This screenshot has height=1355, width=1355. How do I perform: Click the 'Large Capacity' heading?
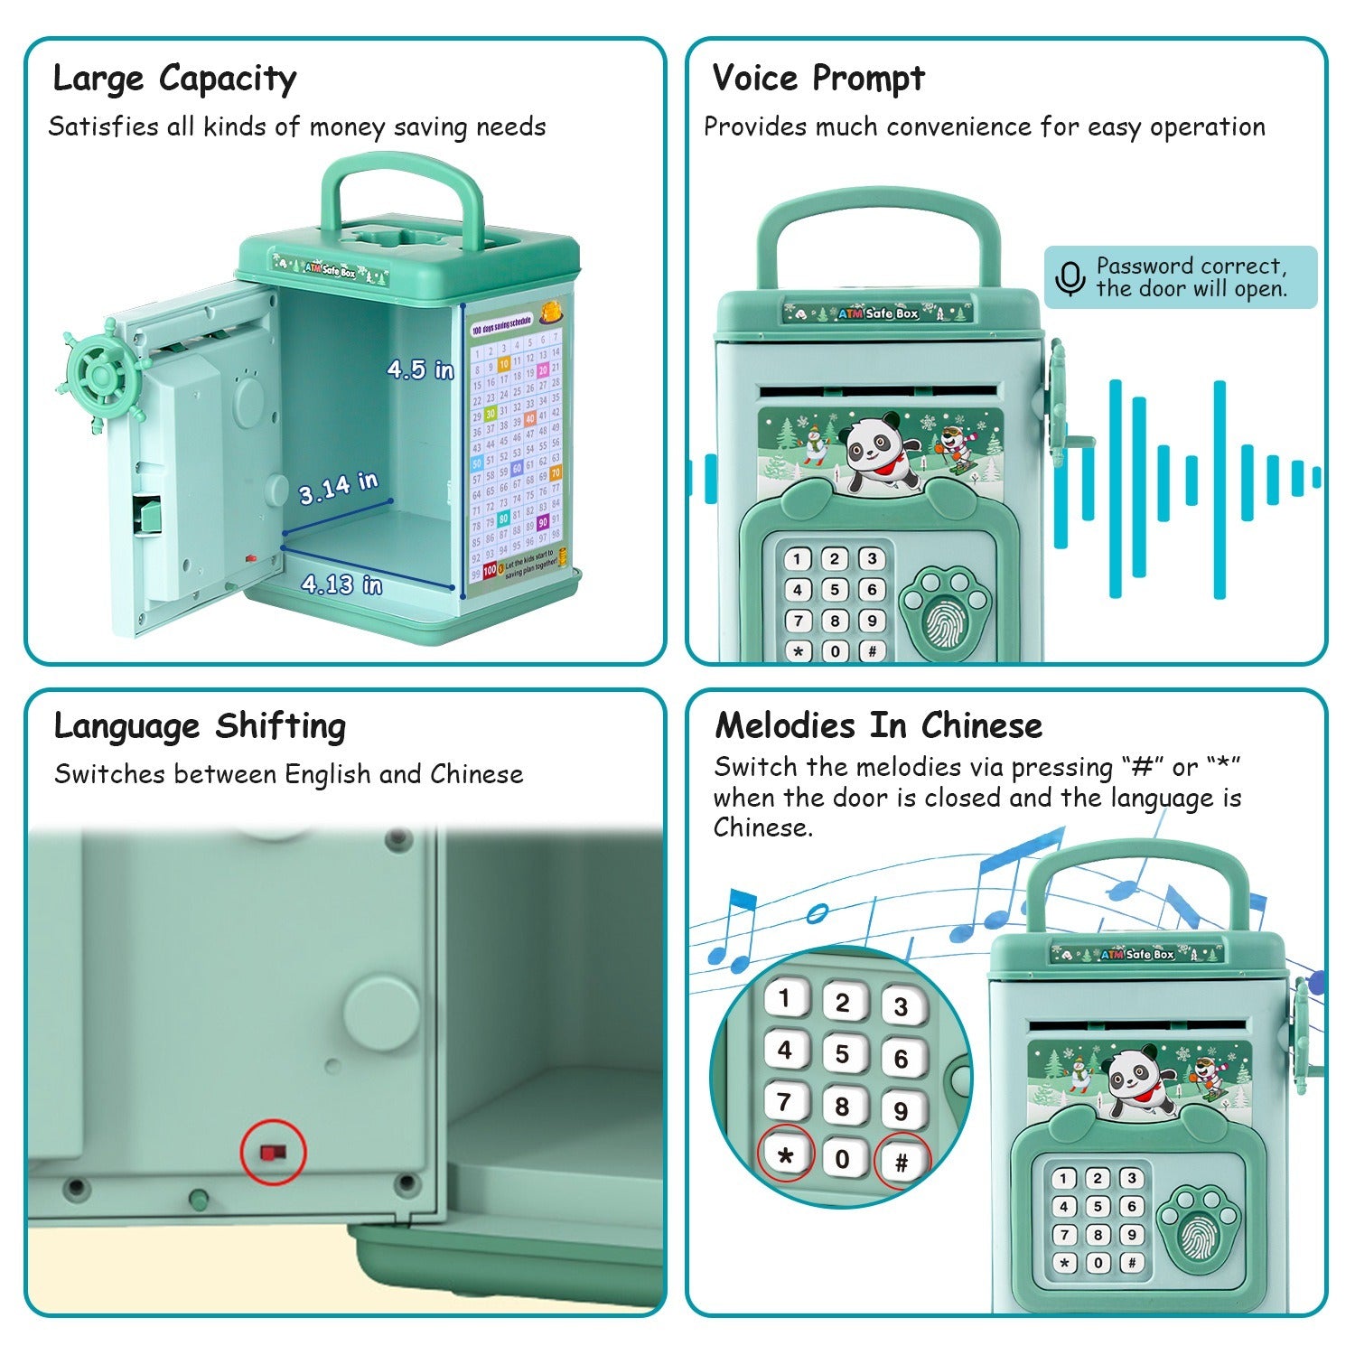coord(174,79)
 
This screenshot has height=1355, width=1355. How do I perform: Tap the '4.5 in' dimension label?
coord(420,369)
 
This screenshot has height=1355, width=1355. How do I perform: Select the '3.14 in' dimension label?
coord(339,488)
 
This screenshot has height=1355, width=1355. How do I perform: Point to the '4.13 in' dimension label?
coord(341,584)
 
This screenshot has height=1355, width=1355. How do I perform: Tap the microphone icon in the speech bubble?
coord(1070,278)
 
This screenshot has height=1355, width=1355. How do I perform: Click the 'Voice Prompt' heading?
coord(818,79)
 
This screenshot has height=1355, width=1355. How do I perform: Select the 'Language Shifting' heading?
coord(200,726)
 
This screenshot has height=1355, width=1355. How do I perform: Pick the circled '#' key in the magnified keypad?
coord(901,1162)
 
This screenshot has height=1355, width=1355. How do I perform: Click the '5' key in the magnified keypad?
coord(843,1054)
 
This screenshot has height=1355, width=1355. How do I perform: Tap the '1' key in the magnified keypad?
coord(785,999)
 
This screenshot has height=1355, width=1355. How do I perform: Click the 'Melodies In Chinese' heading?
coord(878,726)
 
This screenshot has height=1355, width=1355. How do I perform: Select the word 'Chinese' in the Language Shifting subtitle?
coord(476,774)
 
